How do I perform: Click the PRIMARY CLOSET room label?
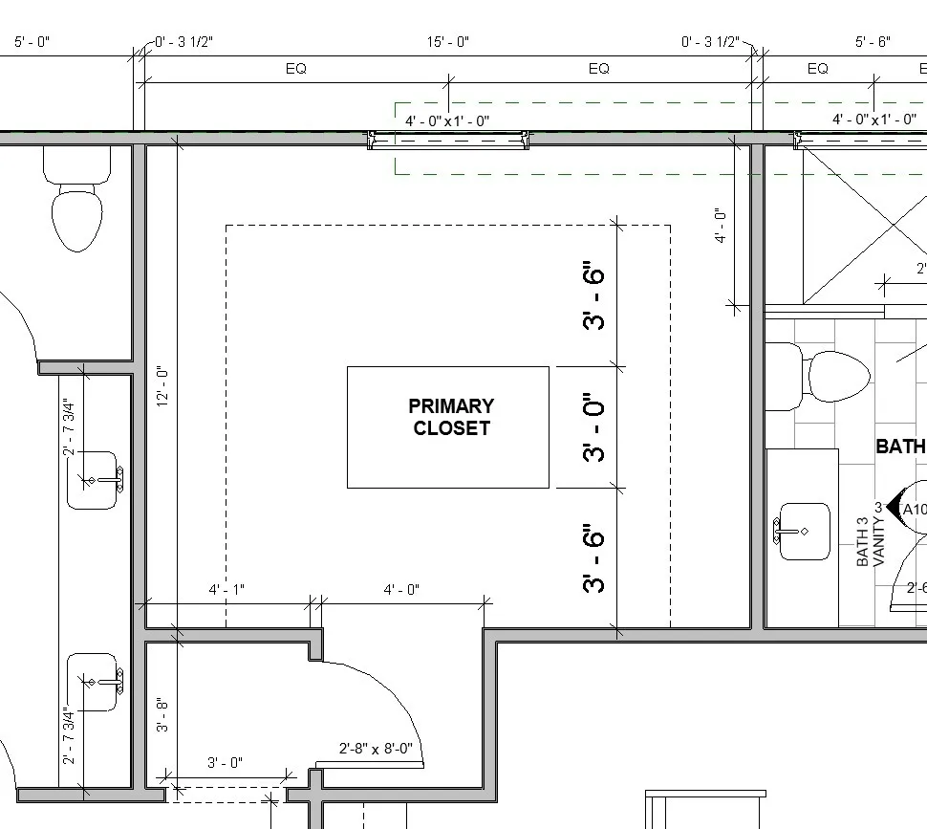coord(451,418)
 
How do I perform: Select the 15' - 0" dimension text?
coord(447,42)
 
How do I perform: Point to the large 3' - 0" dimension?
coord(594,427)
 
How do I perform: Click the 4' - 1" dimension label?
coord(226,590)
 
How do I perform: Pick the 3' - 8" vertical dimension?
coord(163,714)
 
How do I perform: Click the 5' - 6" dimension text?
coord(872,42)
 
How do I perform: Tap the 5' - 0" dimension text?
coord(32,42)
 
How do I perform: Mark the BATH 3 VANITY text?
coord(871,542)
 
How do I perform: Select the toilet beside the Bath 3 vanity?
coord(822,378)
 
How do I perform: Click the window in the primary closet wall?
coord(448,142)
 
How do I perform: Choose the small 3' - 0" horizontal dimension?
coord(225,762)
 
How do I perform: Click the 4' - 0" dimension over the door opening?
coord(401,590)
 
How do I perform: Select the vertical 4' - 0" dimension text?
coord(721,227)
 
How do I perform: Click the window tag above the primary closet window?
coord(447,120)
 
